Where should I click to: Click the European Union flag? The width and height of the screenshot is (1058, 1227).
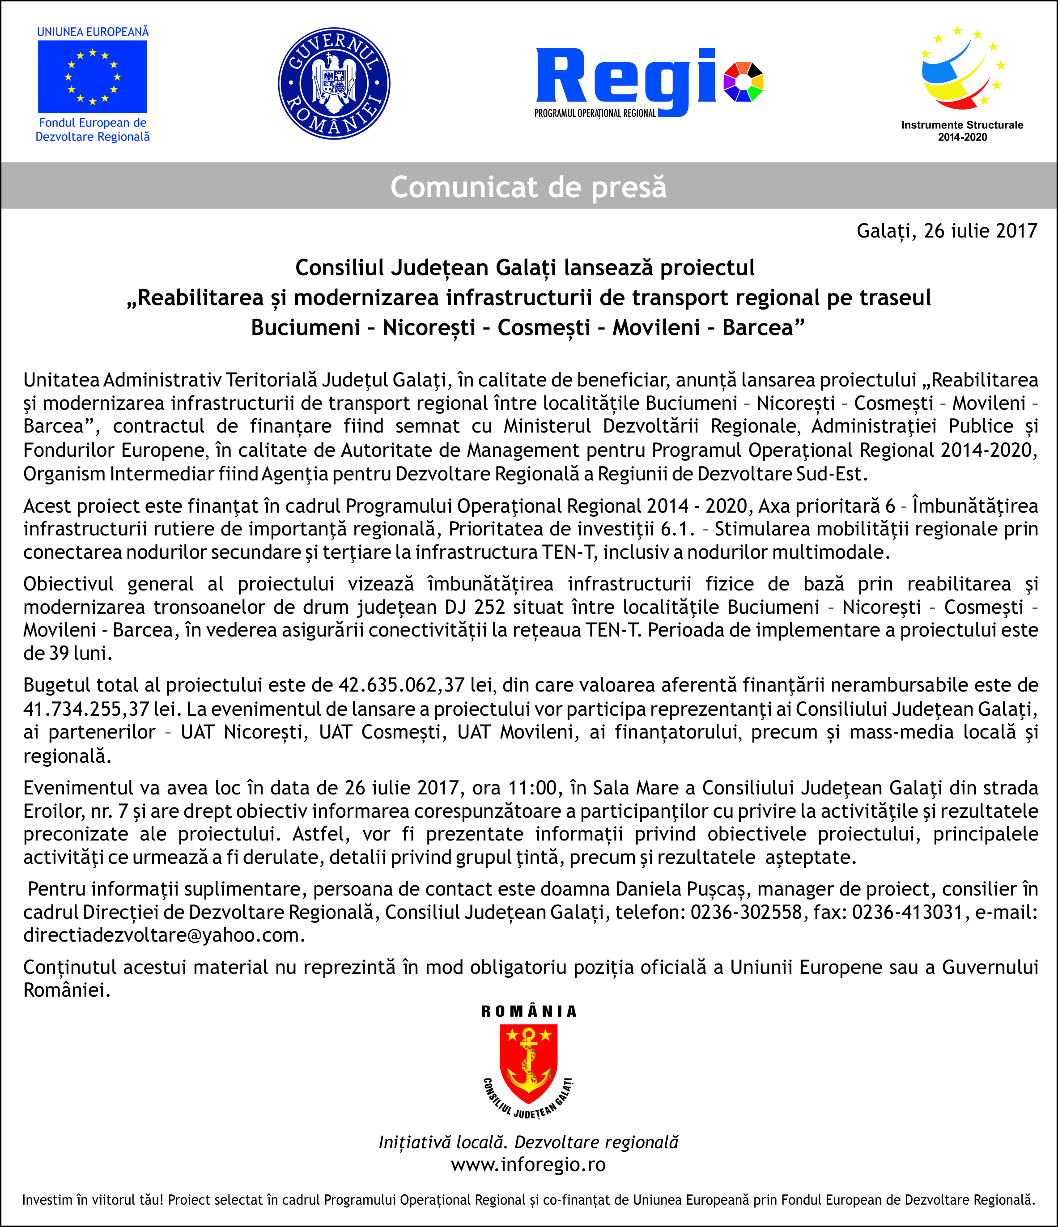(93, 77)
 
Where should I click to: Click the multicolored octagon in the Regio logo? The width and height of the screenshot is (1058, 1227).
(744, 82)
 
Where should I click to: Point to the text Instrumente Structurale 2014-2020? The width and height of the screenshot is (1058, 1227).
(962, 131)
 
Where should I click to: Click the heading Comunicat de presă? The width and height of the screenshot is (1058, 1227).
(528, 187)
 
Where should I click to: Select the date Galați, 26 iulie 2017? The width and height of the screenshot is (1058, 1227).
(947, 230)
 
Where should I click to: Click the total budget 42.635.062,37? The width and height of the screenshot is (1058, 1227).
(401, 685)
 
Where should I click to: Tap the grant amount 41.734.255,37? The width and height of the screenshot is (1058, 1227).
(86, 709)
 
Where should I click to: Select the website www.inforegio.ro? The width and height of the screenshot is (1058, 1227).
(528, 1164)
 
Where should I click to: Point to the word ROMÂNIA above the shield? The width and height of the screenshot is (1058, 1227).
(528, 1011)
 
